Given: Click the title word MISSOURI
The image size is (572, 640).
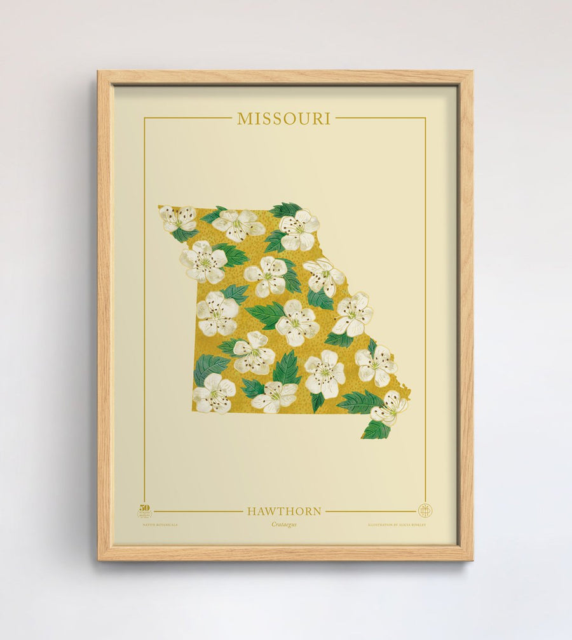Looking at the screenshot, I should coord(283,119).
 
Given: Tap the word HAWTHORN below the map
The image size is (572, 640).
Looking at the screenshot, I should coord(284,511).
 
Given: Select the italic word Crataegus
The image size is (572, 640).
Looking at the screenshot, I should coord(284,524).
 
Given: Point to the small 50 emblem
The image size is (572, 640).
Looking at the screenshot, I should coord(144,510).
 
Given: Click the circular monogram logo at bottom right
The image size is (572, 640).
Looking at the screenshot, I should coord(425,510).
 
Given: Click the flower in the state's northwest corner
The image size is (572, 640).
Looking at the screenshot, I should coord(178,218).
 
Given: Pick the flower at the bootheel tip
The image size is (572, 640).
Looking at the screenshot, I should coord(388,408).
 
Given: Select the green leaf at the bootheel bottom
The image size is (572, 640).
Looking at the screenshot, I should coord(376,430).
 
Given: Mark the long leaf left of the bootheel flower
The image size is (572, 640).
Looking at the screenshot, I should coord(359,402).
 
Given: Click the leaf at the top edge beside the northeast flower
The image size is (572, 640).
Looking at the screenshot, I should coord(284,210).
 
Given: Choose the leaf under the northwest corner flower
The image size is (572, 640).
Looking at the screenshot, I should coord(184,235).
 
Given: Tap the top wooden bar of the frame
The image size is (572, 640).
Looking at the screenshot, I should coord(285,77).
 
